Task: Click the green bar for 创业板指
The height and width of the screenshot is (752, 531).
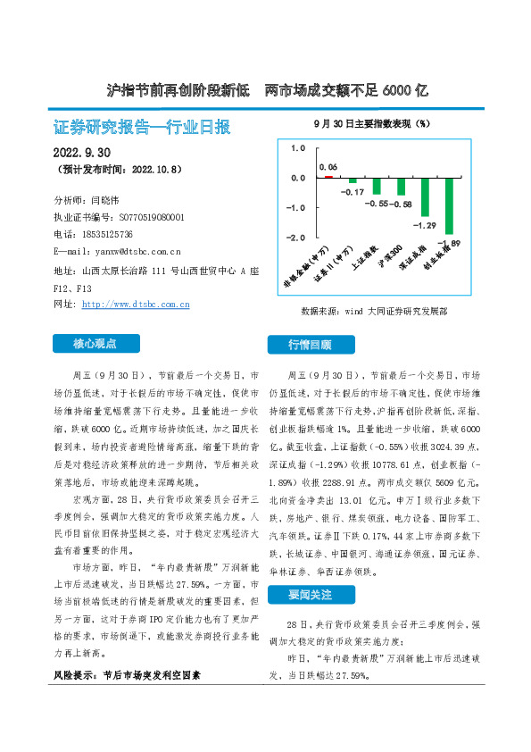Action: pyautogui.click(x=450, y=205)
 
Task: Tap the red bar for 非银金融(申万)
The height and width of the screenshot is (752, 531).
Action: pyautogui.click(x=328, y=176)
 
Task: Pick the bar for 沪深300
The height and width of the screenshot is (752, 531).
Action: pyautogui.click(x=401, y=186)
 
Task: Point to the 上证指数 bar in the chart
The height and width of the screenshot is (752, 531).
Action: pyautogui.click(x=377, y=186)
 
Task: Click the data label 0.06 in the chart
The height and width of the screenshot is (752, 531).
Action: pyautogui.click(x=328, y=167)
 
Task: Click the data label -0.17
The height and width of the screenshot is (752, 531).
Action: pyautogui.click(x=353, y=192)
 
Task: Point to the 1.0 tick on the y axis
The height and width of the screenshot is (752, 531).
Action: pyautogui.click(x=298, y=147)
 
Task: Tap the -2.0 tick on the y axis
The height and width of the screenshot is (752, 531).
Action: pyautogui.click(x=296, y=238)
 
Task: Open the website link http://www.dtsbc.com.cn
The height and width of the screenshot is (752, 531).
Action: pyautogui.click(x=136, y=305)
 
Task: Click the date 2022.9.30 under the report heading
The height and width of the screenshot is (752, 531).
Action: pyautogui.click(x=83, y=151)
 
